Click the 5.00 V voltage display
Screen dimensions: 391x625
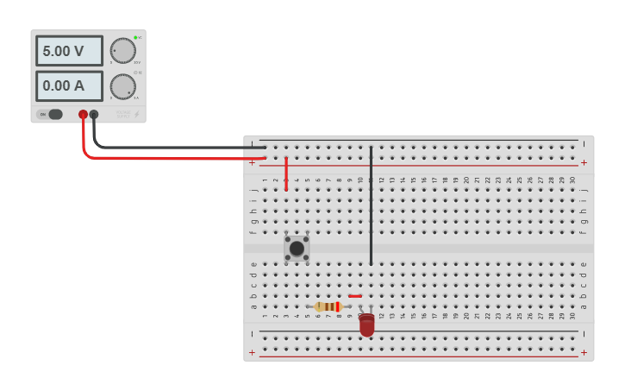click(x=69, y=51)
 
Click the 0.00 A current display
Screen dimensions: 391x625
click(x=69, y=85)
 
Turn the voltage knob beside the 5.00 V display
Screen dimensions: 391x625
click(x=123, y=51)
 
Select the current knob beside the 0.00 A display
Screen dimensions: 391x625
click(x=123, y=85)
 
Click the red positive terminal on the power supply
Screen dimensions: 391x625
click(x=84, y=114)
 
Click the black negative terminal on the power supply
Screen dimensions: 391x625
click(x=94, y=114)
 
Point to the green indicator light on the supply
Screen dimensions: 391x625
click(x=135, y=38)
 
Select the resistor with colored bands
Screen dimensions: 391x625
click(x=328, y=306)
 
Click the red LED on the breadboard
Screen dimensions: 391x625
click(x=367, y=325)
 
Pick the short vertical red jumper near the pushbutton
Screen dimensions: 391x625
click(x=286, y=173)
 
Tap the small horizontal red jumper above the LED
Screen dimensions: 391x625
click(x=355, y=296)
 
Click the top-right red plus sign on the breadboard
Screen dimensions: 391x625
click(x=584, y=162)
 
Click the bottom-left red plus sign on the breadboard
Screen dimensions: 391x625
click(x=252, y=352)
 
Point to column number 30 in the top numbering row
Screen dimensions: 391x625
click(x=572, y=180)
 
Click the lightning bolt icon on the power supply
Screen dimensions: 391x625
click(x=136, y=114)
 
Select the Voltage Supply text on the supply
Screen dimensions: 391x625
click(x=123, y=114)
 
